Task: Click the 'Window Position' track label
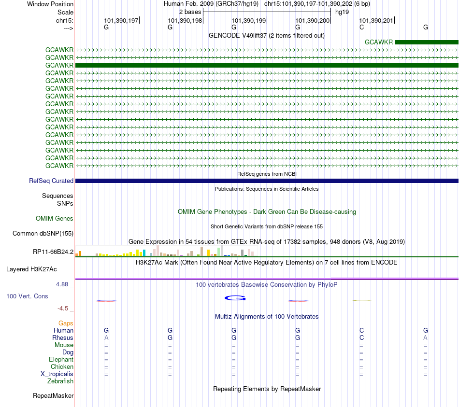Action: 50,4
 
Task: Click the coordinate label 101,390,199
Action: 248,20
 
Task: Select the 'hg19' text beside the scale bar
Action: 342,12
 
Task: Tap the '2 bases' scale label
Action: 190,12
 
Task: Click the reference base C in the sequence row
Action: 361,27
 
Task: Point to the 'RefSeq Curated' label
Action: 51,181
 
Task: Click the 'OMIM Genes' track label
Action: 55,219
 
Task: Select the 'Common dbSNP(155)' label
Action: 43,234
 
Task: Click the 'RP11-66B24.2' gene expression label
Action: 53,252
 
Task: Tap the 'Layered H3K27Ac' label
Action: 31,269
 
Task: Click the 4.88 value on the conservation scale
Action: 62,284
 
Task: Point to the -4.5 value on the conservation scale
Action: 63,309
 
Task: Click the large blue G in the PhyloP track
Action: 235,298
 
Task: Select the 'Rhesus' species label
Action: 63,337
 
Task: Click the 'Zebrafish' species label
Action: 60,381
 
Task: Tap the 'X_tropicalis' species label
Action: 57,374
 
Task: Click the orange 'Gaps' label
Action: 66,323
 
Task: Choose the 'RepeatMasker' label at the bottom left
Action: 53,395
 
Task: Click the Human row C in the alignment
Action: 361,330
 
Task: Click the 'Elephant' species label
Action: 61,360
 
